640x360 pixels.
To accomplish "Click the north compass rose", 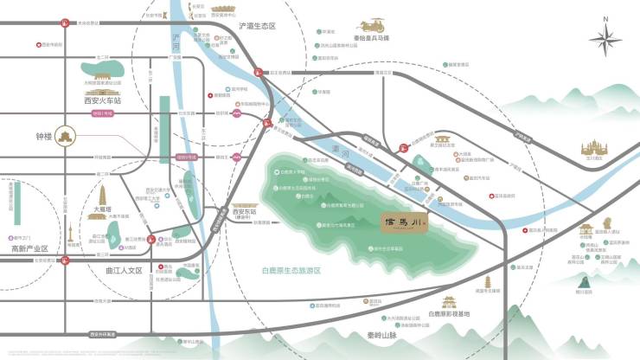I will [605, 39].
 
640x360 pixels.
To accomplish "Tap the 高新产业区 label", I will [29, 248].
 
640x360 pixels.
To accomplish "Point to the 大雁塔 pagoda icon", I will [100, 192].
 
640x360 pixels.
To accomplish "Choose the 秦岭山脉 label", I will [376, 334].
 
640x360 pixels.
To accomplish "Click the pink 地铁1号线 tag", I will [103, 113].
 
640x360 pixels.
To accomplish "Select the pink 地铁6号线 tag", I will [185, 157].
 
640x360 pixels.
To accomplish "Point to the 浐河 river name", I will [176, 38].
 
